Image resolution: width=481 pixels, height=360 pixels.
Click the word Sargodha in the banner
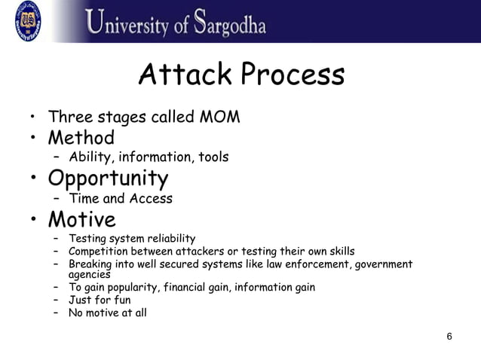229,23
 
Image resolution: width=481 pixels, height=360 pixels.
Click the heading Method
81,139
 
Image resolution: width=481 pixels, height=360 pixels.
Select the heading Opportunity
108,178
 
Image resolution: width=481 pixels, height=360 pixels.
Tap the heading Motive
82,219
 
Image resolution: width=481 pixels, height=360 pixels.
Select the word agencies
90,275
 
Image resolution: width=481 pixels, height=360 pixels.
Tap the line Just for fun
100,300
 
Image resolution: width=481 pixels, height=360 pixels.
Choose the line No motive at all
108,313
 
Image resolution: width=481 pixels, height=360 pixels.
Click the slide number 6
449,336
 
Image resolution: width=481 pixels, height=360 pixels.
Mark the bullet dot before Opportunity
33,179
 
